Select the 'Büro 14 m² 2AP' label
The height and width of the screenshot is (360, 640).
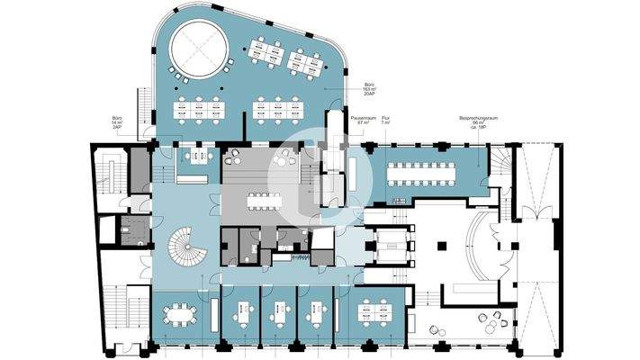tap(116, 123)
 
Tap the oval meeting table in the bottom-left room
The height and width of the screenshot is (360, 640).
tap(179, 314)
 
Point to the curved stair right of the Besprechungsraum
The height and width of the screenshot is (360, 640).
tap(500, 166)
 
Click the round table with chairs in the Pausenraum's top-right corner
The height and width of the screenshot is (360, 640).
tap(287, 156)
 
